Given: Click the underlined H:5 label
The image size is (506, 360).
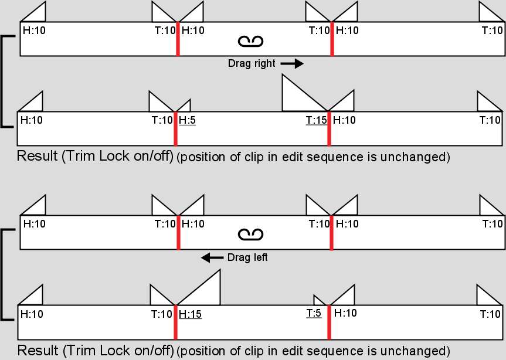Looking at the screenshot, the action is pyautogui.click(x=187, y=120).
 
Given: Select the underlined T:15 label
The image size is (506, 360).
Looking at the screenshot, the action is pyautogui.click(x=317, y=120).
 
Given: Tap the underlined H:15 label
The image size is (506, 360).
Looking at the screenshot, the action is pyautogui.click(x=190, y=314).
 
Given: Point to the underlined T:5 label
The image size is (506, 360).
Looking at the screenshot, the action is pyautogui.click(x=314, y=313).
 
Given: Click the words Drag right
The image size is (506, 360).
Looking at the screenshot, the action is pyautogui.click(x=252, y=63).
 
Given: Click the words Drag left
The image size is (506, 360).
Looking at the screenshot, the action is pyautogui.click(x=247, y=257).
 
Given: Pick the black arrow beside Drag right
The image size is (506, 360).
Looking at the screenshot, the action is pyautogui.click(x=292, y=63).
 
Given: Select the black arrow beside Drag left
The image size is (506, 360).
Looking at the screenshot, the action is pyautogui.click(x=212, y=258).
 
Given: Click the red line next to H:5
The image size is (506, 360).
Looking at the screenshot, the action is pyautogui.click(x=175, y=129).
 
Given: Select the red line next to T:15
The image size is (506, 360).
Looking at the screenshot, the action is pyautogui.click(x=329, y=129).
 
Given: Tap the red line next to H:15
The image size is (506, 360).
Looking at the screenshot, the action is pyautogui.click(x=175, y=322).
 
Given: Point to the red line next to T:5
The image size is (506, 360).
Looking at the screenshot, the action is pyautogui.click(x=329, y=322).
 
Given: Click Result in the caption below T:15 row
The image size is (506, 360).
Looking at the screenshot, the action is pyautogui.click(x=38, y=156).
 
